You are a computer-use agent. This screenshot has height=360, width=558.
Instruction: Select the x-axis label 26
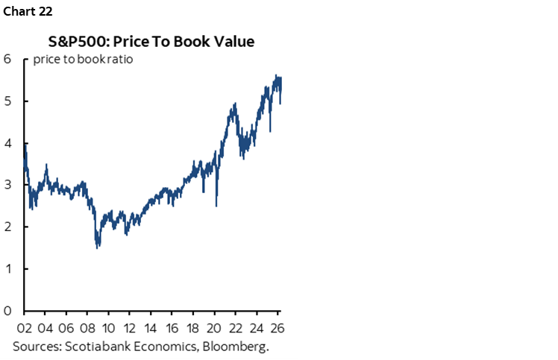277,327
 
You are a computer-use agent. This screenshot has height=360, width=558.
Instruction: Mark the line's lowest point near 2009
98,247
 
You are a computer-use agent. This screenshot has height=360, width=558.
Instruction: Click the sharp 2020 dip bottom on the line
216,206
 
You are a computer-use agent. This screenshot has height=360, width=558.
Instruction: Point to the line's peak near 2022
234,104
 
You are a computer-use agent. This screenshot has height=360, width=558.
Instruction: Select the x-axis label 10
109,327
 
